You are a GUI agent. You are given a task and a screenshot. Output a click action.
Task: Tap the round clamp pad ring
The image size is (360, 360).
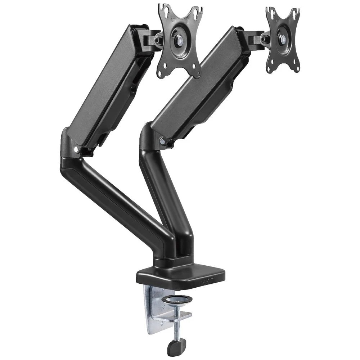(x=176, y=299)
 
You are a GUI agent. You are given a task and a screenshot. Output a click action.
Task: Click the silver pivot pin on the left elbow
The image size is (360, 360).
(x=76, y=148)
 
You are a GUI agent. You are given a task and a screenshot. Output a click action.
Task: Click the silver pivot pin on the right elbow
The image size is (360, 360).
(x=163, y=142)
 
